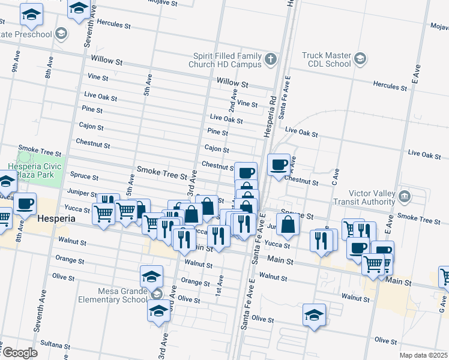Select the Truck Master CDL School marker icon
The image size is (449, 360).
pyautogui.click(x=359, y=58)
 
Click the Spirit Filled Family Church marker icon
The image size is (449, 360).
pyautogui.click(x=271, y=59)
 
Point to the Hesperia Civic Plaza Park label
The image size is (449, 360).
pyautogui.click(x=31, y=170)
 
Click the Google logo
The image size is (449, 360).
pyautogui.click(x=20, y=353)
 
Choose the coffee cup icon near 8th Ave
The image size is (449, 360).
pyautogui.click(x=25, y=205)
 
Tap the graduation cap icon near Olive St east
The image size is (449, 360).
pyautogui.click(x=315, y=314)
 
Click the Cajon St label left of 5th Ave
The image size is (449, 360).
pyautogui.click(x=91, y=126)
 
